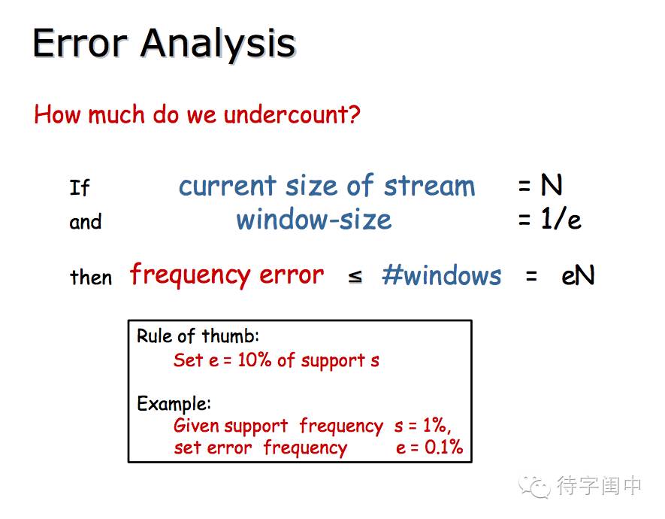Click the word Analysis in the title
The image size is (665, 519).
click(x=218, y=44)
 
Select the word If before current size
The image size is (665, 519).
click(x=80, y=187)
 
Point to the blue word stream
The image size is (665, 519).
click(x=430, y=186)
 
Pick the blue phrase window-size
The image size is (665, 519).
click(x=314, y=220)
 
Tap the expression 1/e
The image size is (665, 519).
click(x=561, y=220)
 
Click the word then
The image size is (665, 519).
click(x=91, y=277)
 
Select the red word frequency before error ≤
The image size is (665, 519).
click(x=190, y=275)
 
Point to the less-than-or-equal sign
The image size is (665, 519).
click(x=355, y=277)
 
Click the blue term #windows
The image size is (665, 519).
click(x=442, y=275)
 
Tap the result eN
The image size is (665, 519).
click(x=578, y=275)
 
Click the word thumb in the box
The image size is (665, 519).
click(x=229, y=336)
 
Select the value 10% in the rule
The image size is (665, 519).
click(x=255, y=360)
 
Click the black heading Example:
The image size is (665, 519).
click(x=174, y=404)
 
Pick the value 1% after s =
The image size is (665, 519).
click(x=435, y=425)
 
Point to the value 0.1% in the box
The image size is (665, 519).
click(x=443, y=447)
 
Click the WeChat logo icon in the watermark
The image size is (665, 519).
click(x=534, y=487)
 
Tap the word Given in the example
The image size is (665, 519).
click(x=195, y=425)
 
